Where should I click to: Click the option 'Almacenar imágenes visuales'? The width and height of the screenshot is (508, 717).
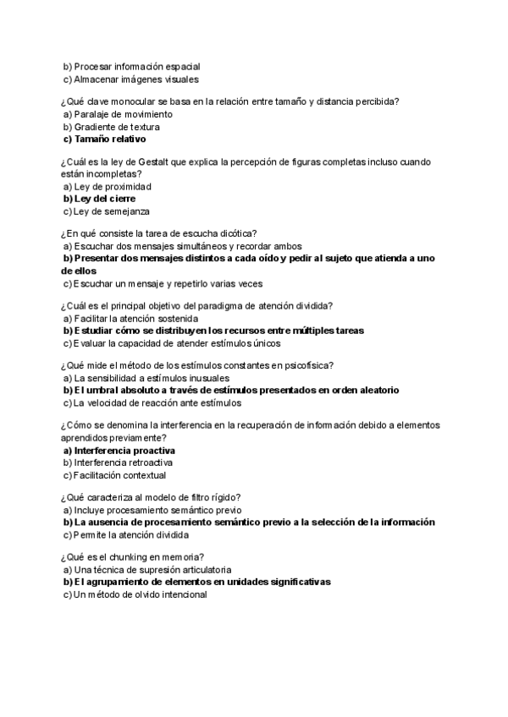(136, 79)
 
